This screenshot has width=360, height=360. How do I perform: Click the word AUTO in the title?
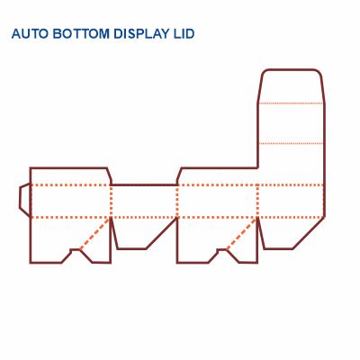tap(30, 34)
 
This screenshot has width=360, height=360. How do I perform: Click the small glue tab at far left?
tap(24, 199)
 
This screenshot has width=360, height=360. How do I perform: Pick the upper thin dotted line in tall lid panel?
tap(291, 103)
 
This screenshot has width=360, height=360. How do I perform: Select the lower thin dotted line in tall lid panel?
tap(291, 144)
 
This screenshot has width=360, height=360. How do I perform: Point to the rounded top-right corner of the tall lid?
tap(318, 72)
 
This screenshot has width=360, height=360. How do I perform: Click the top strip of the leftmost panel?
tap(68, 175)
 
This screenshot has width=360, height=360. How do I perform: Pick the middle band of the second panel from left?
tap(144, 201)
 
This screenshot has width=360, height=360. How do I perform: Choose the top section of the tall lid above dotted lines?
tap(291, 85)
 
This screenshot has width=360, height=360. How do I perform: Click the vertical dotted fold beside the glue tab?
tap(31, 200)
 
